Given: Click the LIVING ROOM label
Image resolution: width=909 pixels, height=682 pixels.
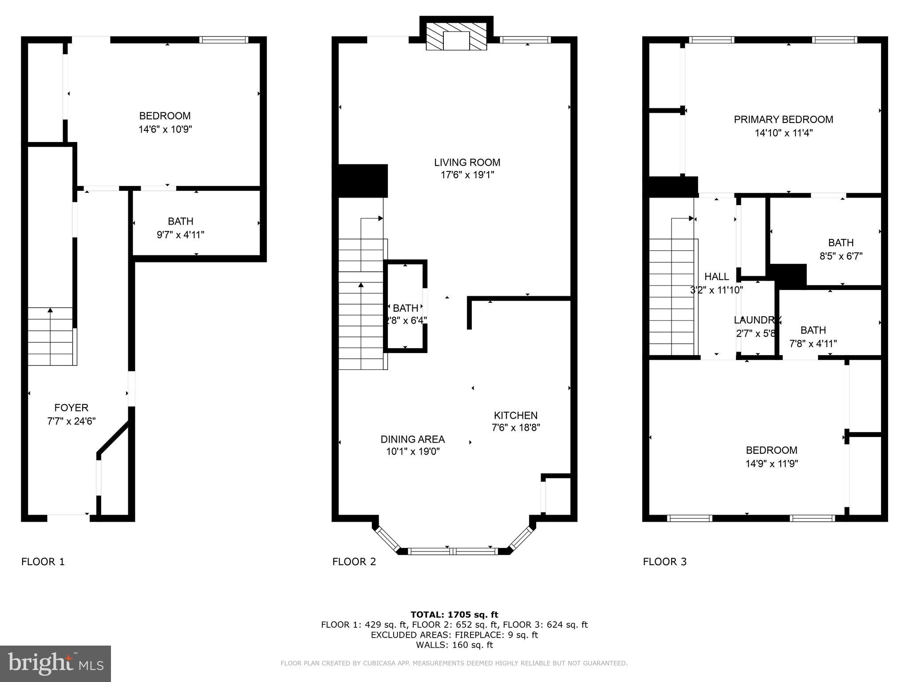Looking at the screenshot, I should point(467,163).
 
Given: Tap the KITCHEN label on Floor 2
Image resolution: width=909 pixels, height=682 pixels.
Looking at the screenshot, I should point(515,415).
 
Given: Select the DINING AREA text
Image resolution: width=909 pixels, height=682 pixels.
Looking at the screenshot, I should point(412,439).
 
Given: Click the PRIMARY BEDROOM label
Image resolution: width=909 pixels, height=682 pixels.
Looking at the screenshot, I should point(783,119).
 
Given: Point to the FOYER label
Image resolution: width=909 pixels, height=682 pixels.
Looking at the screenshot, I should point(71,408).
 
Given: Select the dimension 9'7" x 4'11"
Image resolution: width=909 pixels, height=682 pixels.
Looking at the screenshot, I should point(180,234).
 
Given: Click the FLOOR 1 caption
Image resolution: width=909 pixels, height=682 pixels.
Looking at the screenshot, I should point(43,562).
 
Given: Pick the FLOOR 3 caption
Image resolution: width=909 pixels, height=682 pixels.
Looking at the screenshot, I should point(664,562).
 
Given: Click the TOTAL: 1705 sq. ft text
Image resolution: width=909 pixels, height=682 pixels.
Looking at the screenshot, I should point(454,615).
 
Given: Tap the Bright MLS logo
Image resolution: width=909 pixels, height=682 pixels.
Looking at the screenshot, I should point(55,663).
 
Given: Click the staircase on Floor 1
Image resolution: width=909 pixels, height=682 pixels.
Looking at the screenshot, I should point(50,336).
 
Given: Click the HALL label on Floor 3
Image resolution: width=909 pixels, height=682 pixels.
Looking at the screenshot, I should point(716,277).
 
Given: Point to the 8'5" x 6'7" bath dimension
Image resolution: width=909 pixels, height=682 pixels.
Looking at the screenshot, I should point(841,256).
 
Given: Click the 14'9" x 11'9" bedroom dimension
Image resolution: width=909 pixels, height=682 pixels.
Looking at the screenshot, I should point(771,464).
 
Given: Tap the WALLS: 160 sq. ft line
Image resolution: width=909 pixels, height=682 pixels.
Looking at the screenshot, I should point(454,645).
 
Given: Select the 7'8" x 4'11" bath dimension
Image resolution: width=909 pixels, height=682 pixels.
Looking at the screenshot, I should point(813,344).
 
